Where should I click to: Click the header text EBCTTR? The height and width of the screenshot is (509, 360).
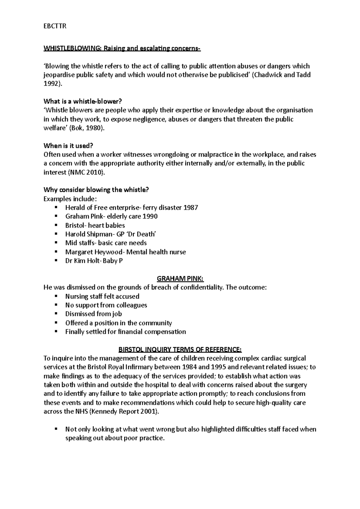[x=55, y=26]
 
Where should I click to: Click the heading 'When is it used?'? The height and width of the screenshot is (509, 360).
[x=68, y=146]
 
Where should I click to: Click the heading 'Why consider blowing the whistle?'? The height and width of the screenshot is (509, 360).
[x=96, y=190]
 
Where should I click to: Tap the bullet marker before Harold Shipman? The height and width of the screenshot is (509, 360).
[x=55, y=234]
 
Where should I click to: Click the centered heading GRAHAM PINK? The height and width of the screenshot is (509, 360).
[x=180, y=279]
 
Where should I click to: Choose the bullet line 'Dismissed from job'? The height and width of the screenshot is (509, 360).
[x=93, y=314]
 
